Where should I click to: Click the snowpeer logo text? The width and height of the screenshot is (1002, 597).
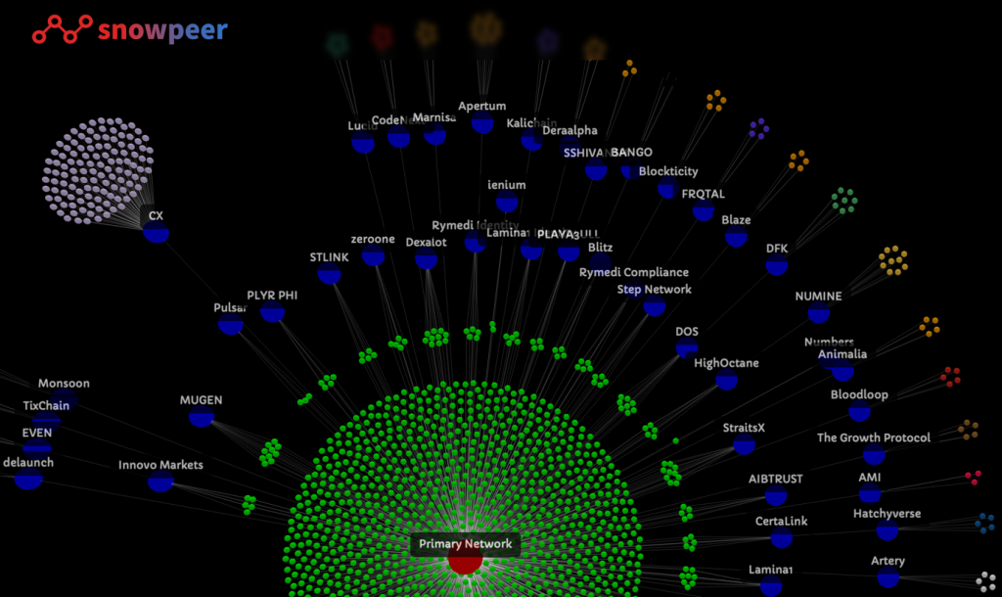pos(162,31)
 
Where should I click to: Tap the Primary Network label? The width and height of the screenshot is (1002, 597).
pos(465,544)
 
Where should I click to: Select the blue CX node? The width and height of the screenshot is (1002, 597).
pos(156,231)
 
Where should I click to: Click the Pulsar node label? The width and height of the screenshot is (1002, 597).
pos(230,307)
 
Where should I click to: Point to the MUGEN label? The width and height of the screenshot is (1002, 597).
pos(201,400)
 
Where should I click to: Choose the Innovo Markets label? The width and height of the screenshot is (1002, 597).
pos(160,465)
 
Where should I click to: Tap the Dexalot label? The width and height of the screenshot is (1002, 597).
pos(426,242)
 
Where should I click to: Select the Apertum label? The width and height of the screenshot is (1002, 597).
pos(482,106)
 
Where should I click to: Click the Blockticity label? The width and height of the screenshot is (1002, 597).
pos(668,171)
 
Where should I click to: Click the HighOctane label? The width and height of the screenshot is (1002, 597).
pos(726,363)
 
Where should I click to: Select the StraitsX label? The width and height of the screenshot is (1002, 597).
pos(744,428)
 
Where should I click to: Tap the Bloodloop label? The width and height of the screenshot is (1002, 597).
pos(859,394)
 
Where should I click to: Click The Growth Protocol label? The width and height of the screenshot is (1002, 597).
pos(874,437)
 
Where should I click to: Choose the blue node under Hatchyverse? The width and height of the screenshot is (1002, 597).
pos(887,529)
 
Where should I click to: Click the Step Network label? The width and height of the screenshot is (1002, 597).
pos(654,290)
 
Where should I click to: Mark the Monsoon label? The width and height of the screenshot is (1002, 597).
pos(64,384)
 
